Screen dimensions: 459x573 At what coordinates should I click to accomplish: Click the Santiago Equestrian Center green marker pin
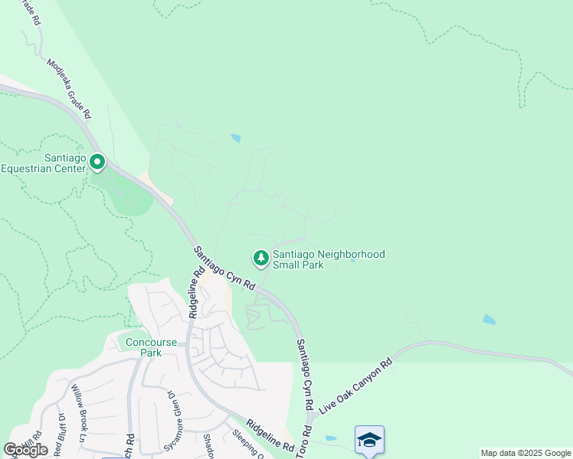pos(97,162)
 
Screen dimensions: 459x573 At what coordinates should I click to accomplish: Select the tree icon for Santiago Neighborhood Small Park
pos(261,259)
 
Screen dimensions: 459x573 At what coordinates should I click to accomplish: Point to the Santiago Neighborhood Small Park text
pos(329,259)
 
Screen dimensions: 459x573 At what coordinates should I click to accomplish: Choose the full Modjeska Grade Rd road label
pos(70,90)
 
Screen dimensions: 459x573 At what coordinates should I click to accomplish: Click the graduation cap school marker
pos(369,439)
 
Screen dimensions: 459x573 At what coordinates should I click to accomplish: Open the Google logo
pos(26,450)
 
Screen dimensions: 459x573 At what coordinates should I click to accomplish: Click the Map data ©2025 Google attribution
pos(525,453)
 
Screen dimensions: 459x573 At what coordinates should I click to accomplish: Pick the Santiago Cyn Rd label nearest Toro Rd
pos(306,374)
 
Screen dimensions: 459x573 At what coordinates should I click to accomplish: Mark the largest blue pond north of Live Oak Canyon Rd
pos(489,319)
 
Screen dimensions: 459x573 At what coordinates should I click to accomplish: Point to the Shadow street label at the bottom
pos(208,443)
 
